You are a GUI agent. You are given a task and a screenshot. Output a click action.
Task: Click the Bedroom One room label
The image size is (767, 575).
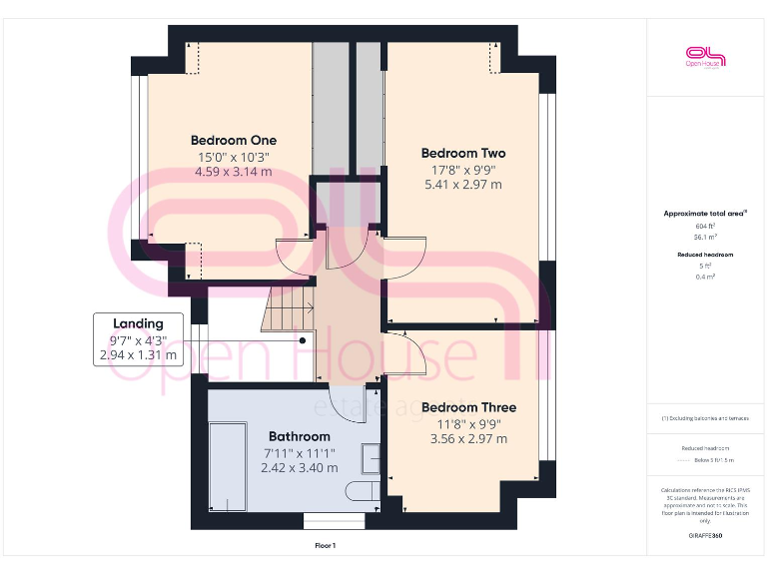point(234,140)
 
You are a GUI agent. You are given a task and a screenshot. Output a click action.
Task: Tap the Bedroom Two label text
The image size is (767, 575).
point(463,153)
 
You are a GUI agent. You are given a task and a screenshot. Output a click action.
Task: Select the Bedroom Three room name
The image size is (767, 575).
point(468,407)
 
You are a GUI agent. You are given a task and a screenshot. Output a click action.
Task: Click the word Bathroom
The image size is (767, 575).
point(299,436)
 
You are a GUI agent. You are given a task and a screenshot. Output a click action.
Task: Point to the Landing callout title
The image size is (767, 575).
point(138,323)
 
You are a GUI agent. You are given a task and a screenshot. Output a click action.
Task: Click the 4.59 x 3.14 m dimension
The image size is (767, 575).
point(234,172)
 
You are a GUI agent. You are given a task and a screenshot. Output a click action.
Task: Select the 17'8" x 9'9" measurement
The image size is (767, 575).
point(463,169)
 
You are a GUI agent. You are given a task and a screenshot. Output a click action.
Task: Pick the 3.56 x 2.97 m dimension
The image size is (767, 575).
point(468,439)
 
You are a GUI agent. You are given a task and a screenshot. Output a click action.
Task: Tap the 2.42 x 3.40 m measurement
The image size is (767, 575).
point(299,467)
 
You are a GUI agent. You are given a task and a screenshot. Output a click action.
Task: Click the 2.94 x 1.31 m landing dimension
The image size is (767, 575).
point(138,354)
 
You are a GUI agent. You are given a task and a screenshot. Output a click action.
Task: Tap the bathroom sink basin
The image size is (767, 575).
point(371,458)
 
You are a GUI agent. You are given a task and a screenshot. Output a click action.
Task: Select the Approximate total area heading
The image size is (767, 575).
point(705,214)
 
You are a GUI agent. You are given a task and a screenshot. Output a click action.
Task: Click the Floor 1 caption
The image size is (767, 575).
point(326,545)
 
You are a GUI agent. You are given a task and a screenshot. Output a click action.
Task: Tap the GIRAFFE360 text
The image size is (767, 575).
point(705,536)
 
